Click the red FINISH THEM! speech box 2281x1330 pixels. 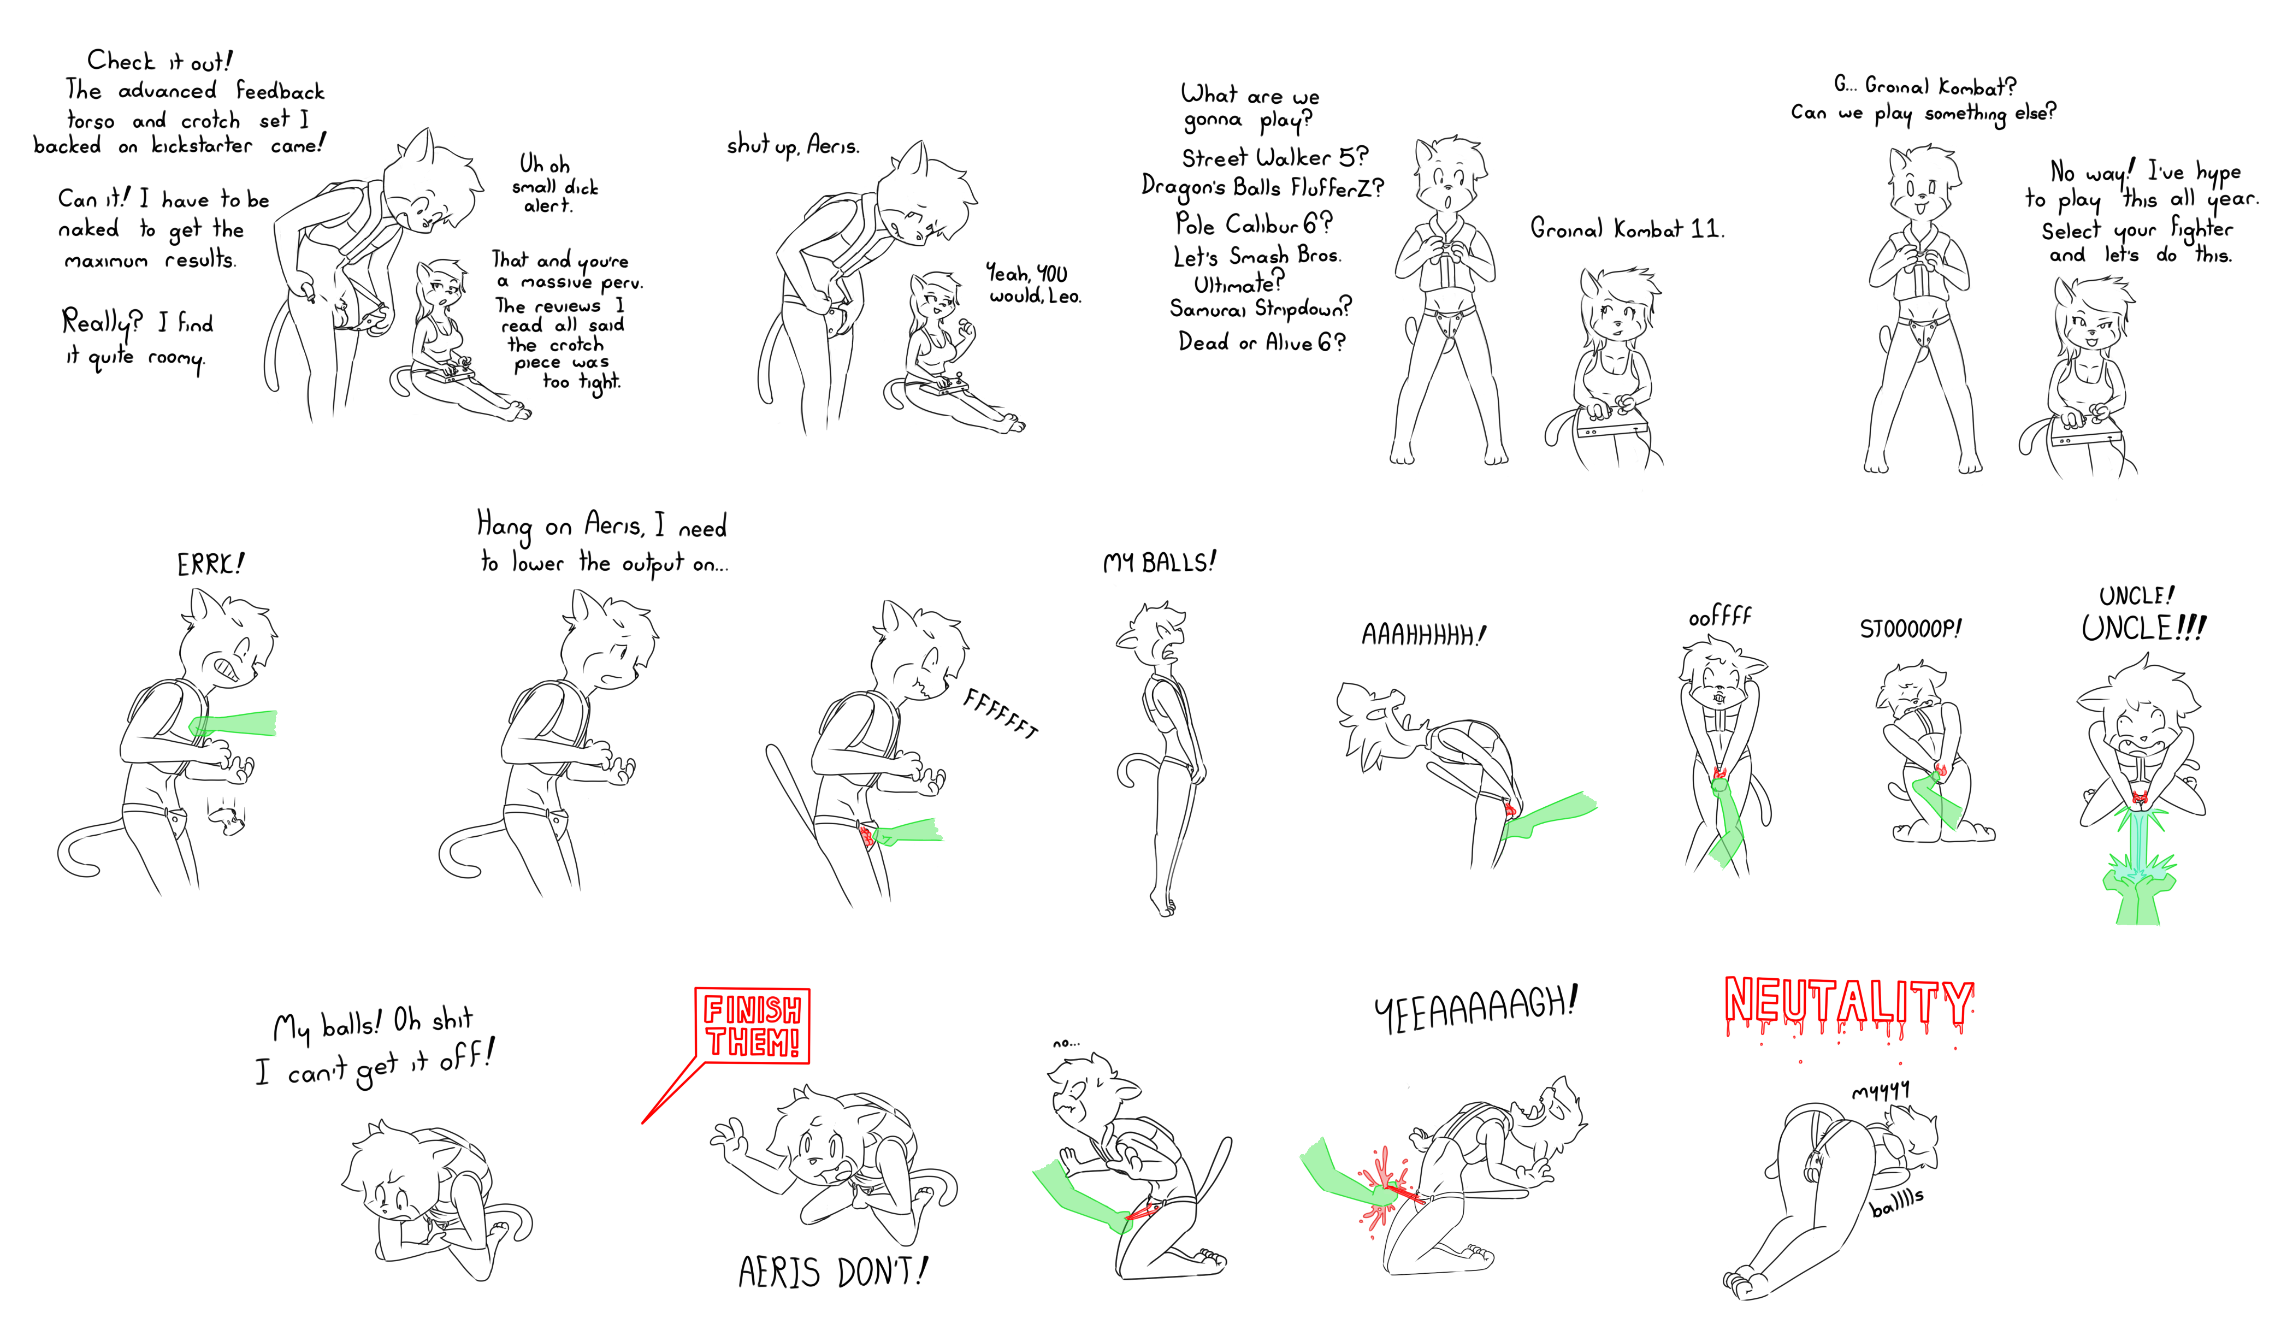coord(752,1026)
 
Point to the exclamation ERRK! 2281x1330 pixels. coord(210,564)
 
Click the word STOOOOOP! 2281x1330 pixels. coord(1910,628)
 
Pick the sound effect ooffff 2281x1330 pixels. coord(1720,617)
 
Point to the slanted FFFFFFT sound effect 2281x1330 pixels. coord(1000,713)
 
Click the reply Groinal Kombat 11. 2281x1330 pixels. coord(1627,228)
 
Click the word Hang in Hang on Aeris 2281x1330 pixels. coord(504,525)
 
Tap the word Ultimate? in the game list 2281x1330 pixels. coord(1238,283)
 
